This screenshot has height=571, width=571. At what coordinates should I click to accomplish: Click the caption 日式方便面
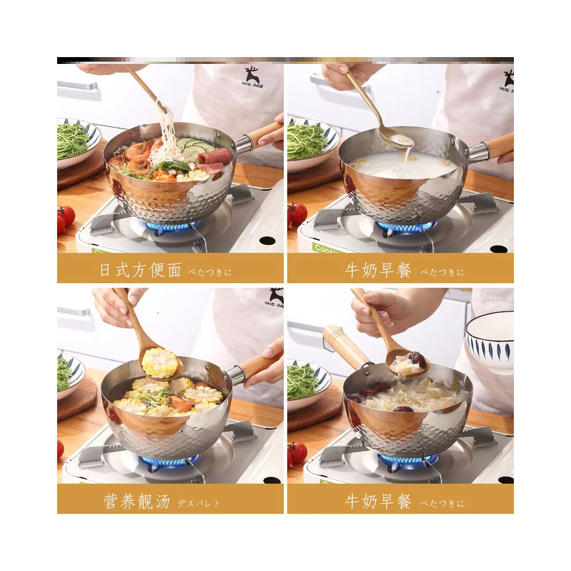pos(140,270)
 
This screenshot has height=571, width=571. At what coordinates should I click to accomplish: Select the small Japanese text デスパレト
pos(199,504)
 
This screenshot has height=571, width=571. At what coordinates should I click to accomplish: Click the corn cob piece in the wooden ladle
pos(160,363)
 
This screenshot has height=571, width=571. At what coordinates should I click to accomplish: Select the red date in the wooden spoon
pos(417,359)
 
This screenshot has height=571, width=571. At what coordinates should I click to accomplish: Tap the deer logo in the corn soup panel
pos(276,297)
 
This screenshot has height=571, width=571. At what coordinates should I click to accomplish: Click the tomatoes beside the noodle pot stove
pos(65,218)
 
